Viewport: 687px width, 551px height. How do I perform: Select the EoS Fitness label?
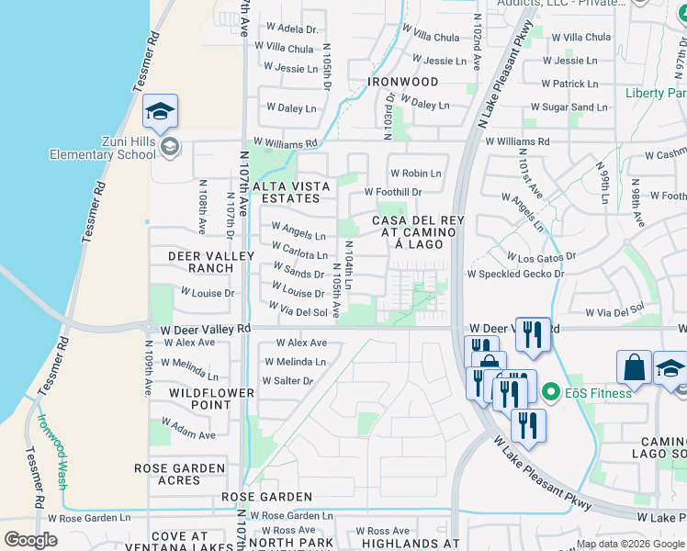599,393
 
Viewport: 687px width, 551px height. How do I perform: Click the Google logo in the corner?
30,540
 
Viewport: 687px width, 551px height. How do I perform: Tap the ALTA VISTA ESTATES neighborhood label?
291,192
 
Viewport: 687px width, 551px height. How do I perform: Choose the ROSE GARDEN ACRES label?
180,474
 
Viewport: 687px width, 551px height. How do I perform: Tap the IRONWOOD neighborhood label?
403,82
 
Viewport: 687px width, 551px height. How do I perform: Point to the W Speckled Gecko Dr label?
515,274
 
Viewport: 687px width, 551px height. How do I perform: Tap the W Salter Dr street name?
288,380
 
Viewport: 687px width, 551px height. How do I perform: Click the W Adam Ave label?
188,428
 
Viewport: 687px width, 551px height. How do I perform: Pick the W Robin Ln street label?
416,173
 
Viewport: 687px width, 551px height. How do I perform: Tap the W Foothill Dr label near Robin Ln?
393,192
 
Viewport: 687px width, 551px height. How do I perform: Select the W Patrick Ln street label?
569,84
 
